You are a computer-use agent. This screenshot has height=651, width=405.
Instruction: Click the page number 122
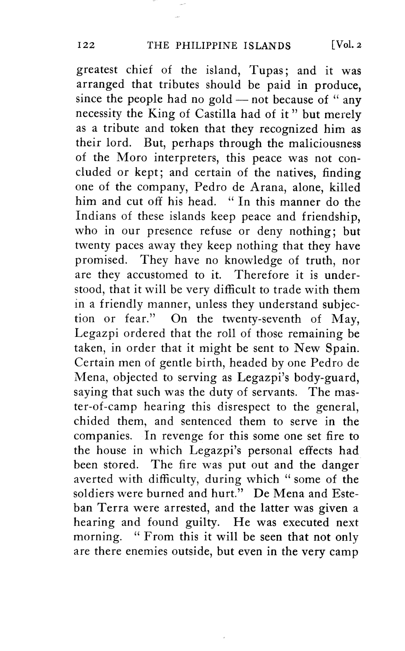86,45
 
